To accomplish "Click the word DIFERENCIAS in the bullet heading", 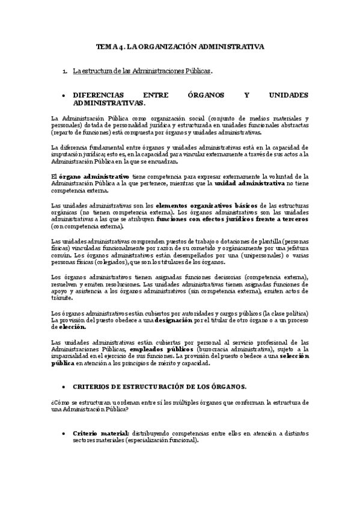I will [x=97, y=95].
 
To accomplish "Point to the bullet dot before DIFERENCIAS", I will [x=64, y=96].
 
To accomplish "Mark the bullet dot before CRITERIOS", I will [x=64, y=386].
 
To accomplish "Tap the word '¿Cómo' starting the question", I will [x=61, y=402].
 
